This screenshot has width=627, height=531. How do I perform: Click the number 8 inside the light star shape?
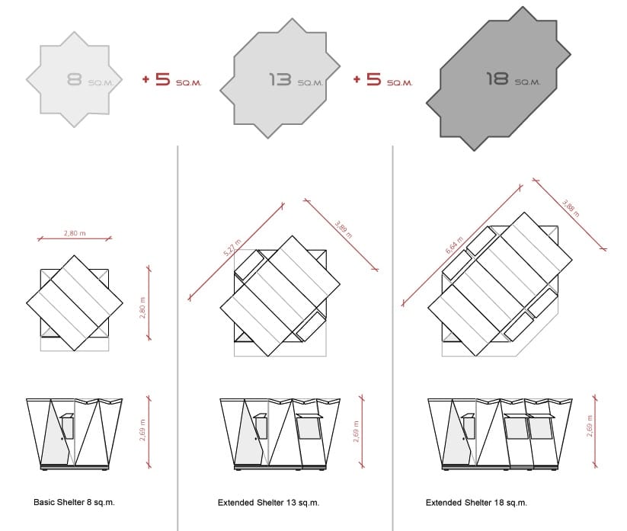pyautogui.click(x=75, y=79)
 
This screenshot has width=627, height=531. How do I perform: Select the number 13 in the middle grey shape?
pyautogui.click(x=280, y=79)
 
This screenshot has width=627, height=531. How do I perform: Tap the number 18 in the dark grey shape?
pyautogui.click(x=497, y=78)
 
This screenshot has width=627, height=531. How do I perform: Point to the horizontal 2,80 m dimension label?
pyautogui.click(x=75, y=233)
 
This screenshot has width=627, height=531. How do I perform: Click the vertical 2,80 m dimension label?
pyautogui.click(x=142, y=308)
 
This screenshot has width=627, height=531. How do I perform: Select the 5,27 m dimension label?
pyautogui.click(x=232, y=248)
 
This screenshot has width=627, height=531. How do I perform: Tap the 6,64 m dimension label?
pyautogui.click(x=454, y=245)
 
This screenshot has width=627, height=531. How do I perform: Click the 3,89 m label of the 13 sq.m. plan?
pyautogui.click(x=344, y=229)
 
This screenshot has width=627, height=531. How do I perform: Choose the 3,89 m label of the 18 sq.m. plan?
pyautogui.click(x=571, y=208)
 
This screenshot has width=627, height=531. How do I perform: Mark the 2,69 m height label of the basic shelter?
pyautogui.click(x=142, y=430)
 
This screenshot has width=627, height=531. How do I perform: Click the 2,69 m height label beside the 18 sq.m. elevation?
pyautogui.click(x=590, y=426)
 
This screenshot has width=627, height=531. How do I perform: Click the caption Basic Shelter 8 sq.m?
pyautogui.click(x=74, y=502)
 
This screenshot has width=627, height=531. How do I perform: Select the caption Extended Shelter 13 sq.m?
pyautogui.click(x=268, y=503)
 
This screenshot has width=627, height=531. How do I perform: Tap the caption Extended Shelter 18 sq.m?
pyautogui.click(x=476, y=503)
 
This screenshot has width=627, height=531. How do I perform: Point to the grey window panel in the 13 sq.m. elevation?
pyautogui.click(x=309, y=428)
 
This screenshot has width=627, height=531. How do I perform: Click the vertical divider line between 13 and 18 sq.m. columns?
pyautogui.click(x=392, y=338)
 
